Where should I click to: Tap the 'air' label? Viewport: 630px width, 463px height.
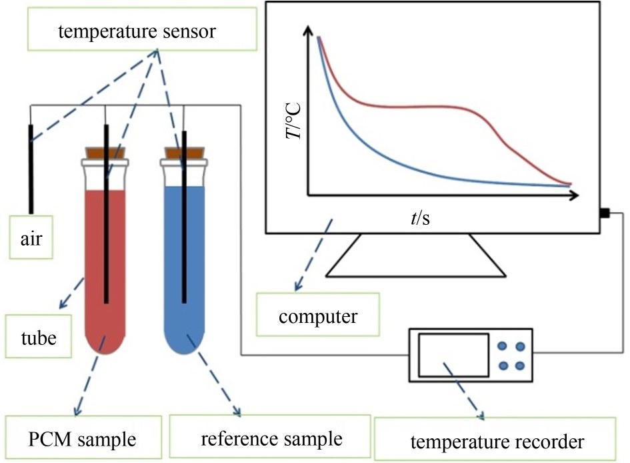click(31, 238)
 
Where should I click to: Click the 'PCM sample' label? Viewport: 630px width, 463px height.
click(83, 439)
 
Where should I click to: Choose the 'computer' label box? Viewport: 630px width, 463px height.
click(318, 315)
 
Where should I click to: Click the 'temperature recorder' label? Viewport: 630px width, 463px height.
click(497, 441)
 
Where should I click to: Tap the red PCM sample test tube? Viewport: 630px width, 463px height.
click(93, 267)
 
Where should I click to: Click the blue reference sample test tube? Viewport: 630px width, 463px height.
click(200, 267)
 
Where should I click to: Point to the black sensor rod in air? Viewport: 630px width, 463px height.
click(30, 167)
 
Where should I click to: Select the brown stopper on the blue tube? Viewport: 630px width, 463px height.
click(184, 152)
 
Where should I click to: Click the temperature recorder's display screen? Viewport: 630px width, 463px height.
click(453, 356)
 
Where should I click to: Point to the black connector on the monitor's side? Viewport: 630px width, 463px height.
click(604, 213)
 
